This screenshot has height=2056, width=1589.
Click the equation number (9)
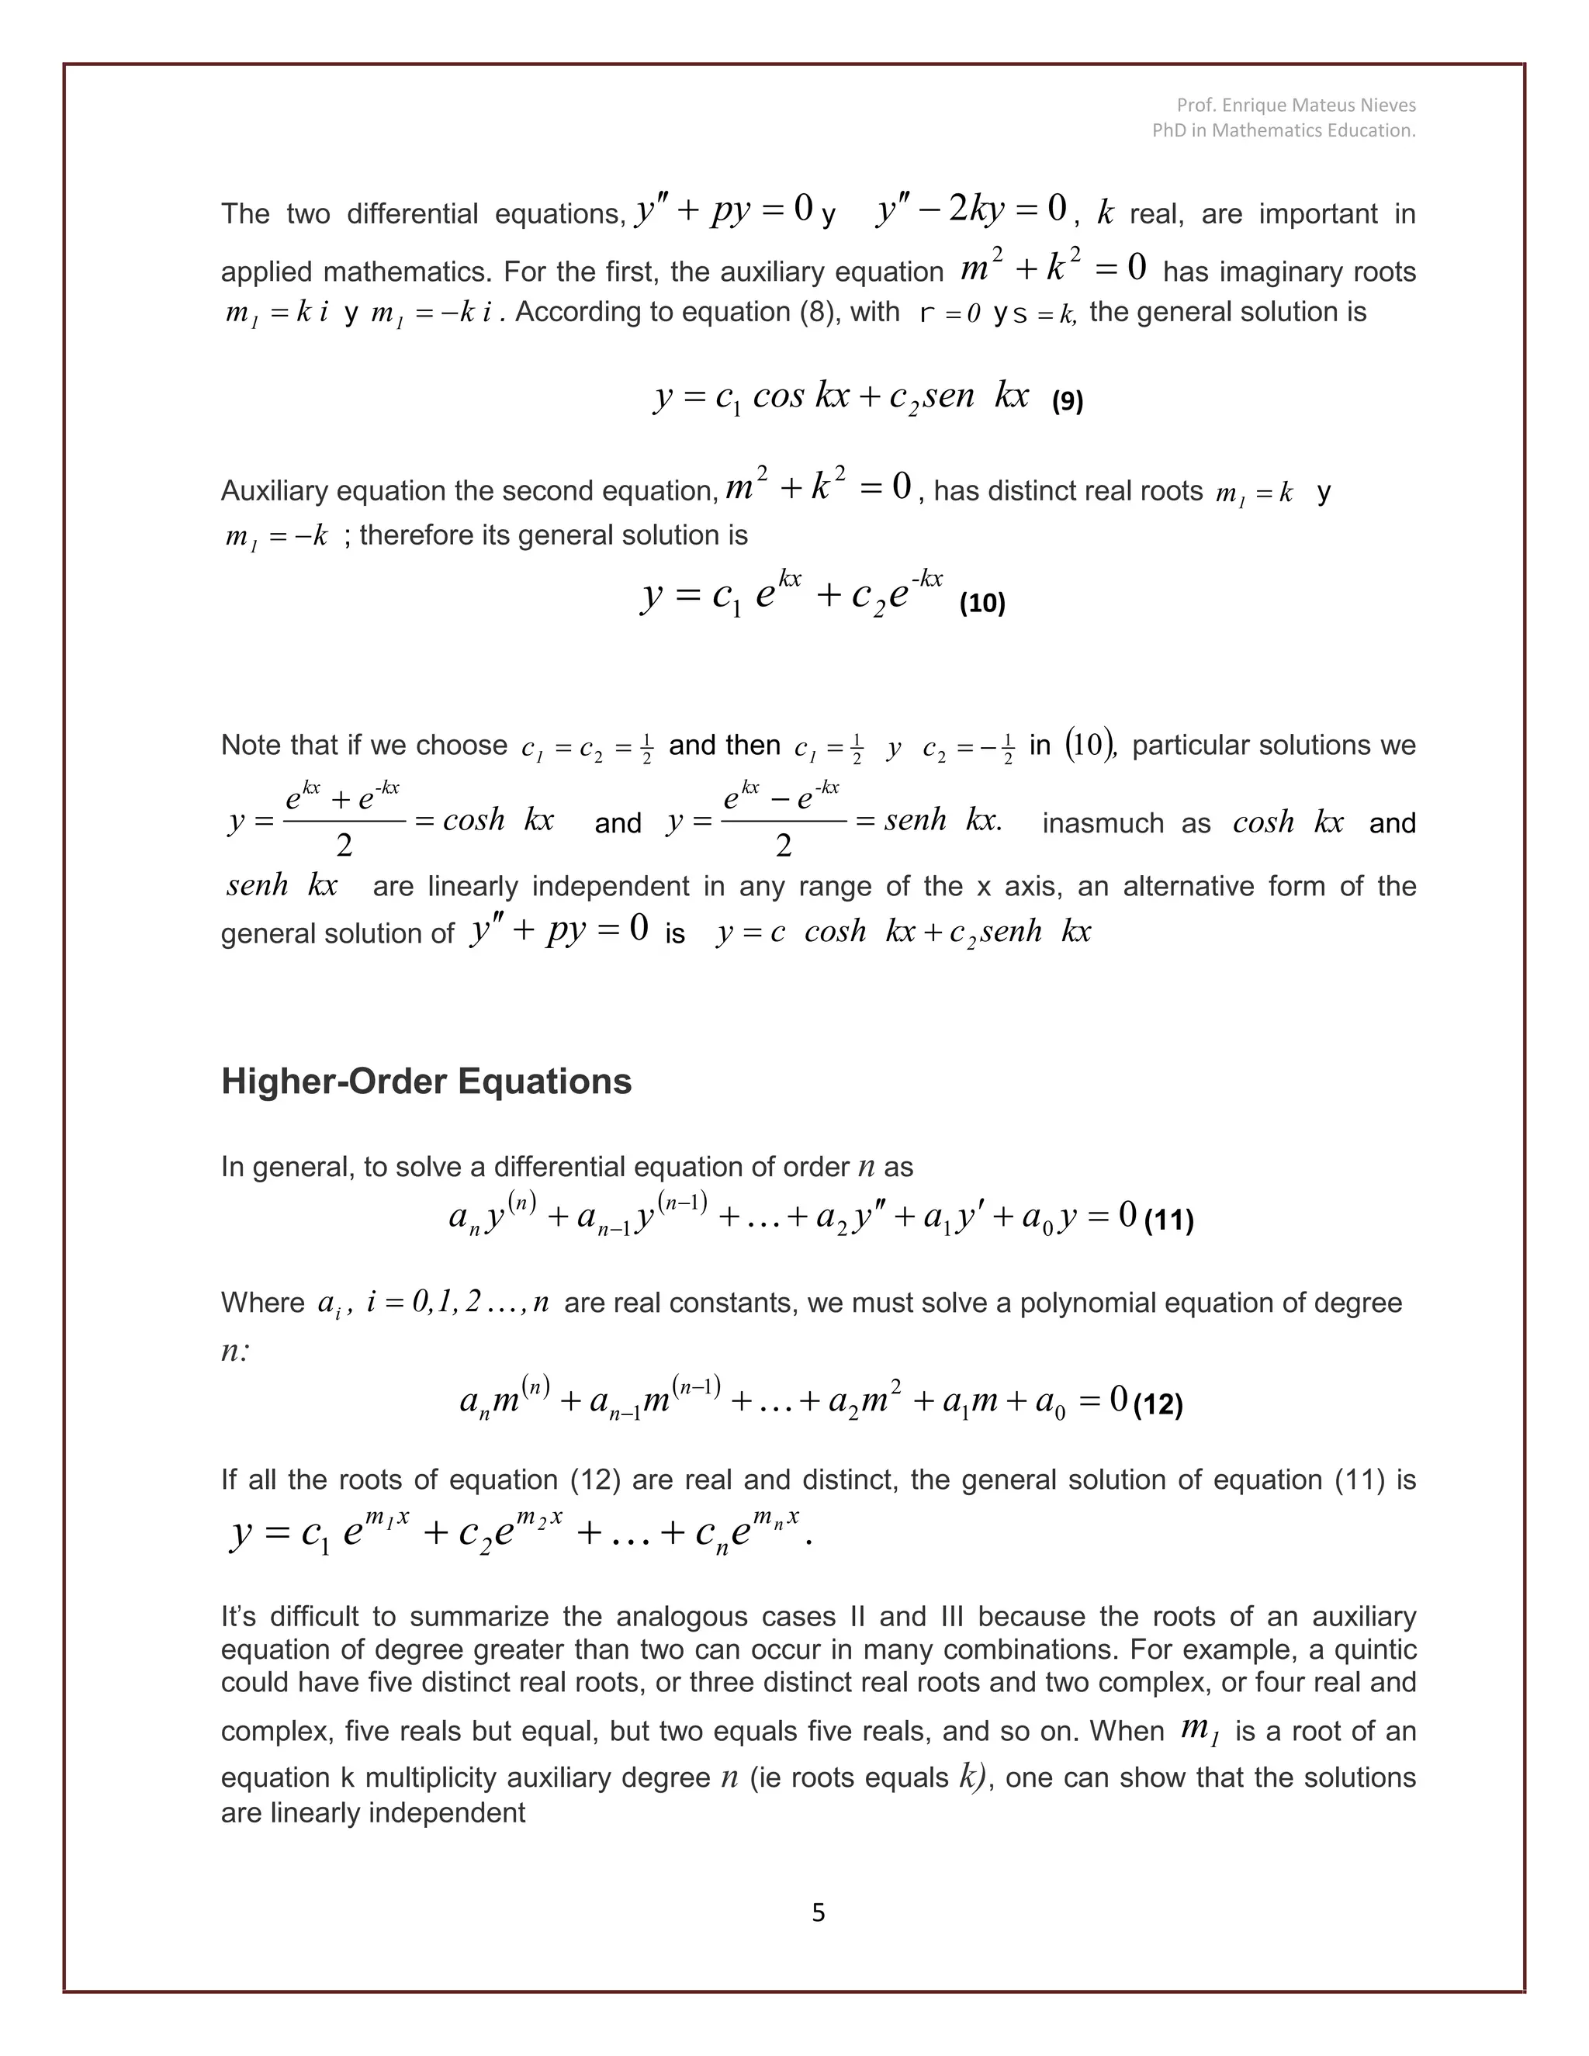click(1067, 402)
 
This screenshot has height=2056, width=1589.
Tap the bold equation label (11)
click(1168, 1221)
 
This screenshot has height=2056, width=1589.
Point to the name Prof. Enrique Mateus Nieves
click(1295, 105)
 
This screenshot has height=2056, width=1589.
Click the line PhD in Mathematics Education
click(1283, 131)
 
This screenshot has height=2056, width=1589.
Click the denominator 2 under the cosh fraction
click(344, 846)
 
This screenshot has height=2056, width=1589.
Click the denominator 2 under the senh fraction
click(783, 846)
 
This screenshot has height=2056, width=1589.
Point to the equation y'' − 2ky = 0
click(971, 209)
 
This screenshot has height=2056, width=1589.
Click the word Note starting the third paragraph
click(251, 746)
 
